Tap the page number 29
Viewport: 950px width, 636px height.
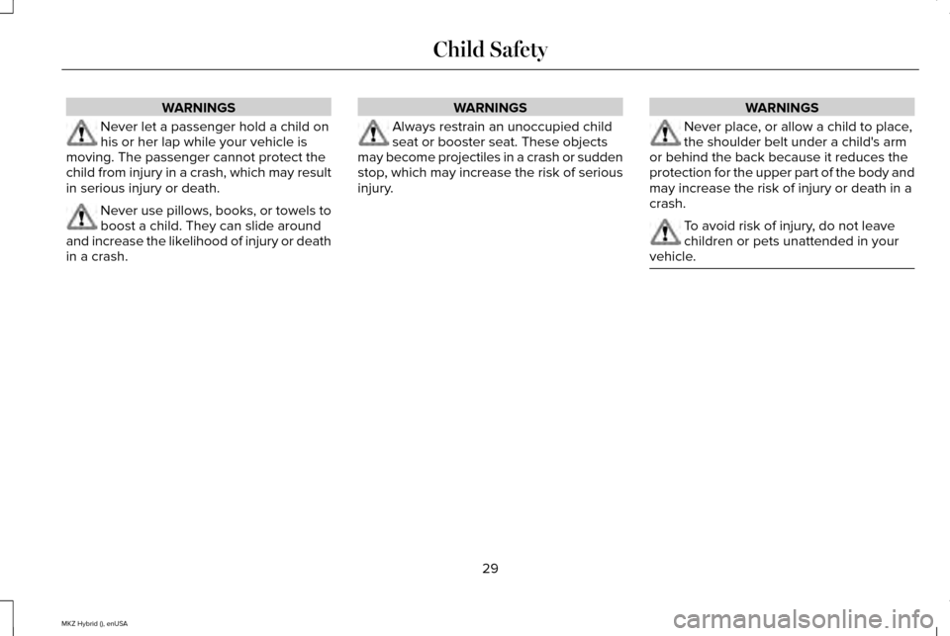tap(489, 567)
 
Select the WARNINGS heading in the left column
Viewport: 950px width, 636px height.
tap(198, 107)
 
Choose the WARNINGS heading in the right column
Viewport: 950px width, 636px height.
tap(782, 107)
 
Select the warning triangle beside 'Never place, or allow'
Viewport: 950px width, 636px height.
tap(665, 134)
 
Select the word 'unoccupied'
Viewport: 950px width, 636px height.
tap(541, 128)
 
